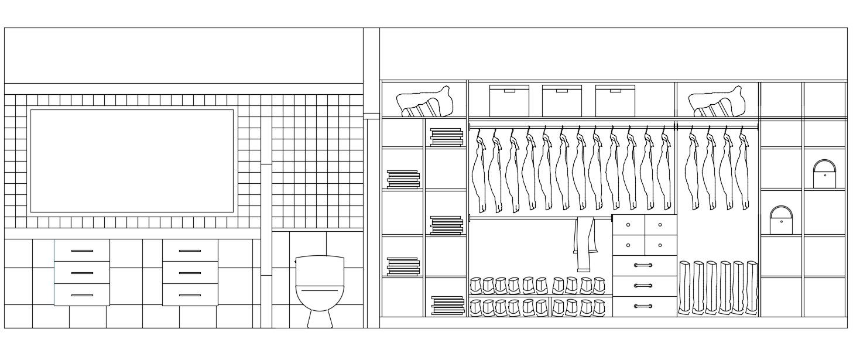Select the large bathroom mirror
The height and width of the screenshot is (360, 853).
[x=132, y=161]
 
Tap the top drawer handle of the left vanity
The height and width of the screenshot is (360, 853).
[x=82, y=251]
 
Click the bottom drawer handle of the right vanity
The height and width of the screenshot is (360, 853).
[x=190, y=295]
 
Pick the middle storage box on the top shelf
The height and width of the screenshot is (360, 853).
[x=561, y=101]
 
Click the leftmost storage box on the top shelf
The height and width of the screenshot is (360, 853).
[x=509, y=101]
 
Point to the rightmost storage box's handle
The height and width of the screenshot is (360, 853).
[x=615, y=91]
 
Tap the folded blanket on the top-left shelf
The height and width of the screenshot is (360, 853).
[x=426, y=102]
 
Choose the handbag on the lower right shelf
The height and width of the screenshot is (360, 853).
[x=781, y=221]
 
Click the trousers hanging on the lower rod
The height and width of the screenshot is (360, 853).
[x=584, y=243]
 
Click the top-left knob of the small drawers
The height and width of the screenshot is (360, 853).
[x=628, y=225]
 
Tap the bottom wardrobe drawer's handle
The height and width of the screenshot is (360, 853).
[x=643, y=306]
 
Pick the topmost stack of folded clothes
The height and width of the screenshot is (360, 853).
[x=446, y=137]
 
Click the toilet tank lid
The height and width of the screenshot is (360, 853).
[x=320, y=258]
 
